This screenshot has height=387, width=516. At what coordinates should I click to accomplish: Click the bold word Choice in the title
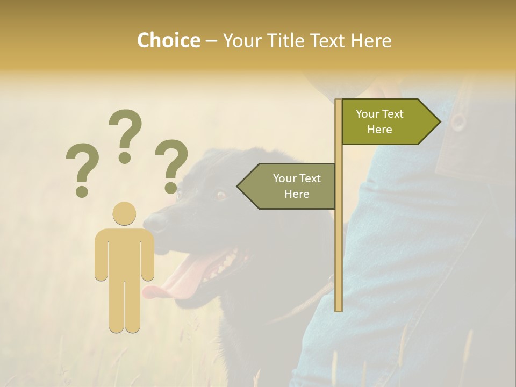coord(168,40)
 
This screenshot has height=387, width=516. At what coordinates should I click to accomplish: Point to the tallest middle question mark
coord(125,134)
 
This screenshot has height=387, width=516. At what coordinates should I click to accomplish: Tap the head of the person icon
coord(124,213)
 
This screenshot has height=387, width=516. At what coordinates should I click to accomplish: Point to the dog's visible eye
coord(221,195)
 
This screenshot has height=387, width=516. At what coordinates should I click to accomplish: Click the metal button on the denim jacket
coord(458,120)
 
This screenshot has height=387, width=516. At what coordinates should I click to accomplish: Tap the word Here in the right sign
coord(379,130)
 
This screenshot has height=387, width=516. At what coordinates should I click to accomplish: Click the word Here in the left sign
coord(297,194)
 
